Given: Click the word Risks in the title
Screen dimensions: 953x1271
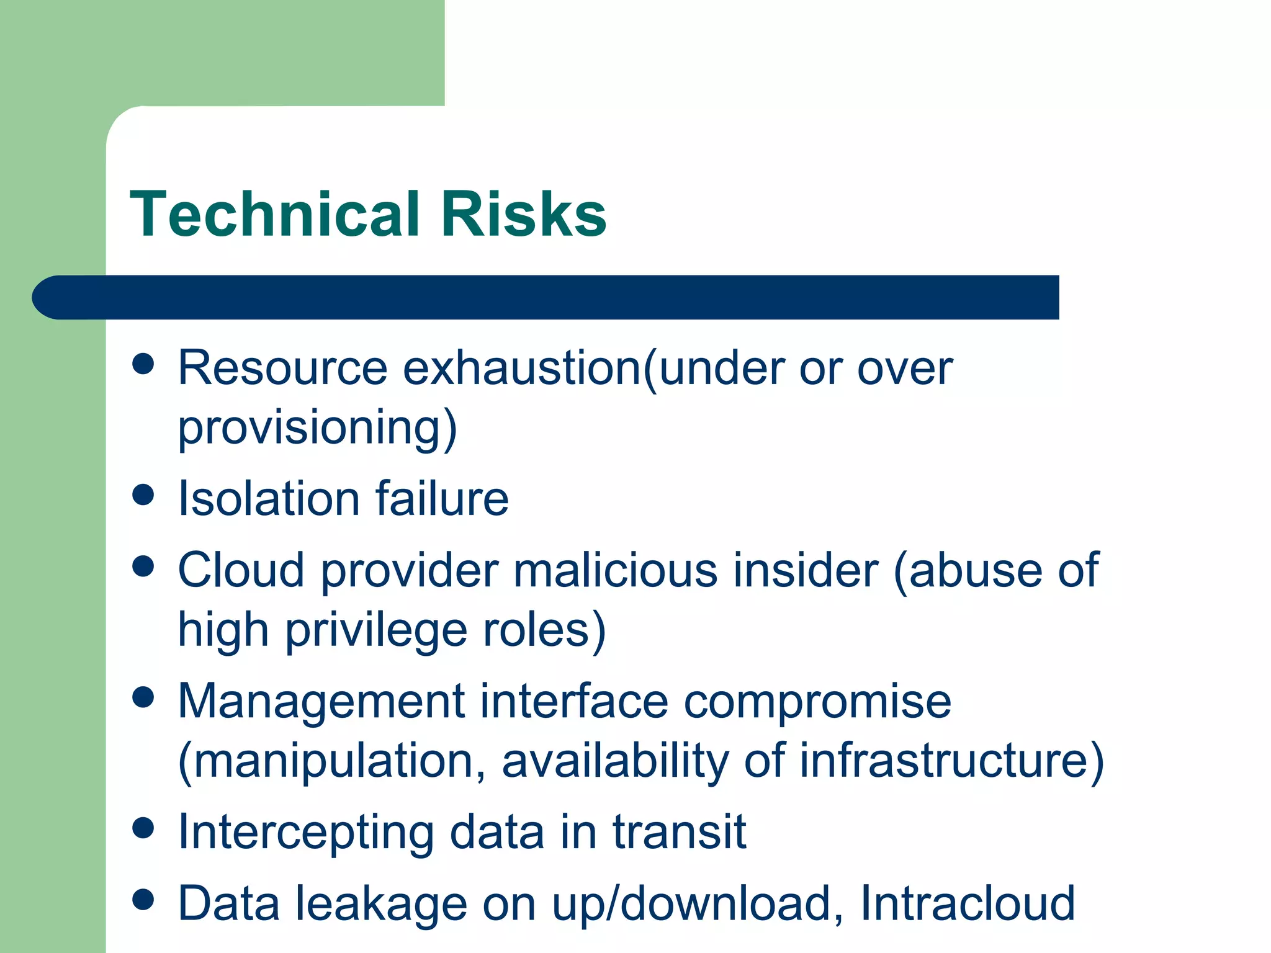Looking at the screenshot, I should (523, 214).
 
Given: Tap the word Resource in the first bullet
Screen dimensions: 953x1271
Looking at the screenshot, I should (282, 368).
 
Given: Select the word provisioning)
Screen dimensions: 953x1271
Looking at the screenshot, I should (317, 428).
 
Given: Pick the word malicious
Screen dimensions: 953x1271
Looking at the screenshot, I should (615, 570).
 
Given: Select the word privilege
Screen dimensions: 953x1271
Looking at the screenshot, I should (376, 629).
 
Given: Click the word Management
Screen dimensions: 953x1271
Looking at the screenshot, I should (321, 701).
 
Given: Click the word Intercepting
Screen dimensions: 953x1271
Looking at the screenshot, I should (305, 833).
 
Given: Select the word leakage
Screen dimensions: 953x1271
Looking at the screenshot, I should (380, 904).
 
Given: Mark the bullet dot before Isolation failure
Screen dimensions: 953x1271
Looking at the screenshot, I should (143, 494).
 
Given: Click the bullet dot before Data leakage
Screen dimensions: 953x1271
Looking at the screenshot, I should (143, 900).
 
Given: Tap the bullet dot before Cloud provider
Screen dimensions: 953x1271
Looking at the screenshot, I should (143, 566).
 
